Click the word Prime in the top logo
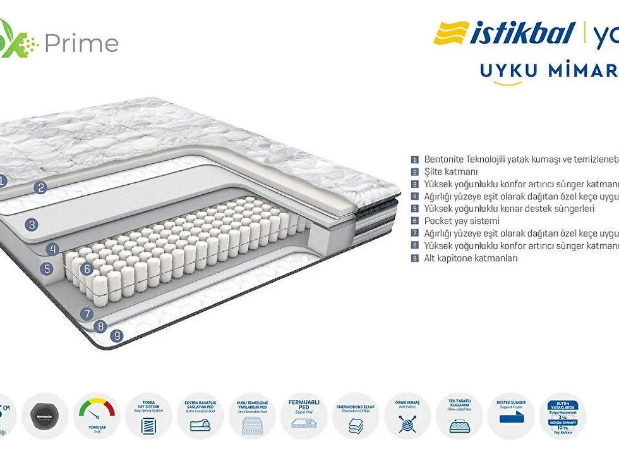point(81,43)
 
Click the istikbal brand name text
point(521,34)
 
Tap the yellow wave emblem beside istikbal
point(451,33)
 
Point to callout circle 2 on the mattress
point(41,187)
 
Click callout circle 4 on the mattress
point(54,249)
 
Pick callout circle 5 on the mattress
point(47,268)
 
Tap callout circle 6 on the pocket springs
point(88,268)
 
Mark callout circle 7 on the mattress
point(87,313)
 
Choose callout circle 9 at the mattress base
point(117,336)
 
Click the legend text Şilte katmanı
point(451,171)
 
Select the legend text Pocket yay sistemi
point(462,221)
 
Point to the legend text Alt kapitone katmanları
point(471,258)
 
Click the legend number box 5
point(415,209)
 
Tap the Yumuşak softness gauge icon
point(97,415)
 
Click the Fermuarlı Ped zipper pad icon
point(304,415)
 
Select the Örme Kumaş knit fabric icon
point(407,415)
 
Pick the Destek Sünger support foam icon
point(511,415)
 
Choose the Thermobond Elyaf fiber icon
point(356,415)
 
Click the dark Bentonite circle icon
point(45,416)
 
